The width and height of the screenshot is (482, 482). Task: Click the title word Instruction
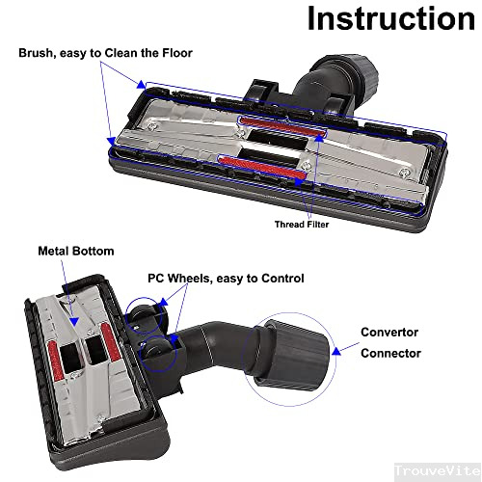[x=390, y=19]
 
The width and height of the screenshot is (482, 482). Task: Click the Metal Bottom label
[x=75, y=251]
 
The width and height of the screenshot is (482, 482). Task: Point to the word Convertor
[x=388, y=333]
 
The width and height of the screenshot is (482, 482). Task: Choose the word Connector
[x=390, y=354]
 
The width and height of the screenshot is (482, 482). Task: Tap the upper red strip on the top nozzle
[x=276, y=121]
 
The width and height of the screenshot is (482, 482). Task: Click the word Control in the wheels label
[x=279, y=279]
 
